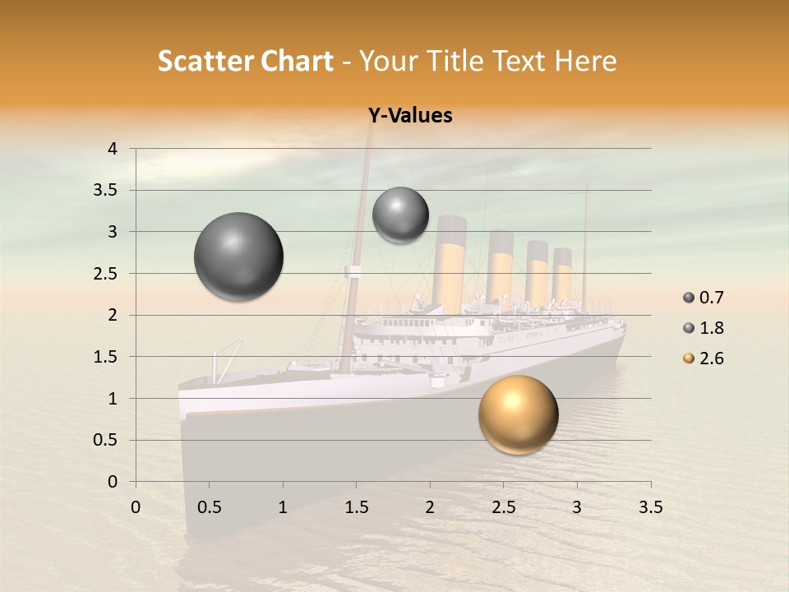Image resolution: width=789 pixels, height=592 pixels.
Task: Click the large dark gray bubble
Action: click(238, 257)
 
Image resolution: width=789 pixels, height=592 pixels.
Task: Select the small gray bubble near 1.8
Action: click(400, 215)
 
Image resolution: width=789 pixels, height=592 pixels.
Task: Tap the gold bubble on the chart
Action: click(519, 415)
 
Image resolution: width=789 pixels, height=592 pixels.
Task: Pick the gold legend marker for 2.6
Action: click(689, 358)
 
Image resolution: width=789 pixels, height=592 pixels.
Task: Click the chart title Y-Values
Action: click(410, 115)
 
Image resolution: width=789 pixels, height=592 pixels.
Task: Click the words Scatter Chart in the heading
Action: click(245, 61)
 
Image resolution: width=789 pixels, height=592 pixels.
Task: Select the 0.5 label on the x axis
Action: click(209, 507)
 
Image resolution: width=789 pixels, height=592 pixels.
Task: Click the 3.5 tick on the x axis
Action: click(650, 507)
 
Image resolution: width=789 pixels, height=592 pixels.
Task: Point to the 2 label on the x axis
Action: click(430, 507)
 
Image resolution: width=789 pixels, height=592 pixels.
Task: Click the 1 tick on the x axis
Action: click(283, 507)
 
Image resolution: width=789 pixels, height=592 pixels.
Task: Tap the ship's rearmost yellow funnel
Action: click(562, 275)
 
